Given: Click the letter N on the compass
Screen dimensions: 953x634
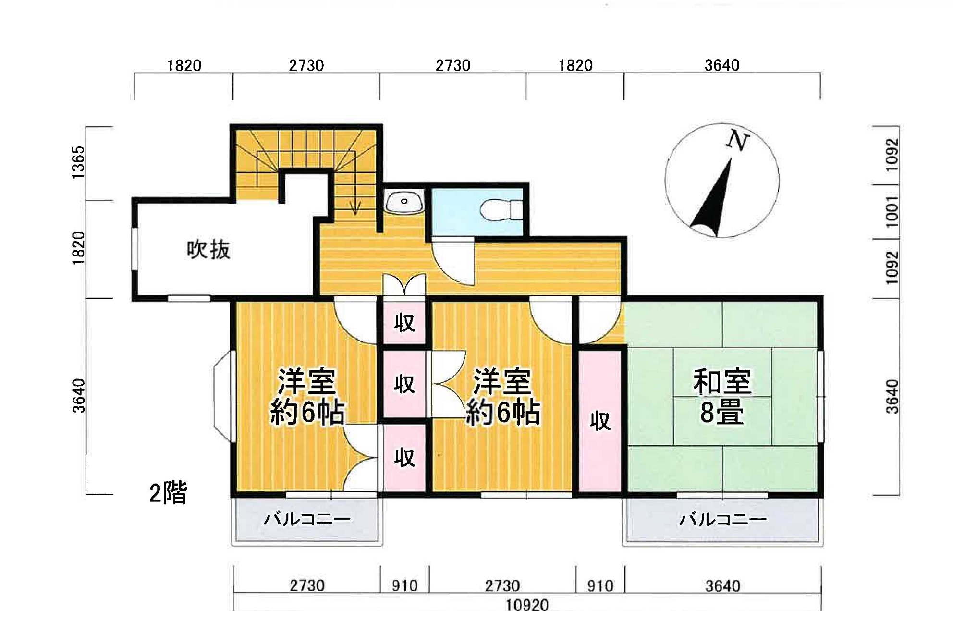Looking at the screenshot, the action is click(738, 141).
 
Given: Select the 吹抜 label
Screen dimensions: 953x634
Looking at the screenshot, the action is click(208, 250).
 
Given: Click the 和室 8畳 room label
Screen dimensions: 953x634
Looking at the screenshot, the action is click(722, 397).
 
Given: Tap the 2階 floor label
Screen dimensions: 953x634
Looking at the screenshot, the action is click(168, 493).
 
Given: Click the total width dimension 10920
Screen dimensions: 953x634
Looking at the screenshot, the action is click(527, 605).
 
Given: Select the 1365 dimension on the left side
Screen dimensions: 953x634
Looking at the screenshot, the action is click(78, 162).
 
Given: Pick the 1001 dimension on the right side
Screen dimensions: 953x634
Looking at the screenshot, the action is click(892, 212).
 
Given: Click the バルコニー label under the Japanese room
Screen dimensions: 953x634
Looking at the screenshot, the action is click(722, 519).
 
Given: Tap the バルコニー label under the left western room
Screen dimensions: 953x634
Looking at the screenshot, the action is click(307, 519).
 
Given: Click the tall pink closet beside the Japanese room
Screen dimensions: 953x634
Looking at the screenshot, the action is click(600, 421).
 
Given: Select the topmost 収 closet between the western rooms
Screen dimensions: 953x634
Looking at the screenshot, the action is click(404, 322).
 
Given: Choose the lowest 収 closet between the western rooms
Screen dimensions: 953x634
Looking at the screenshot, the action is click(404, 458).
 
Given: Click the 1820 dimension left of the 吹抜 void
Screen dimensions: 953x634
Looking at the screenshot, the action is click(78, 248).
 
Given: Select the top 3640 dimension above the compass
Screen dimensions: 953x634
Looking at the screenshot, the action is click(722, 65).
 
